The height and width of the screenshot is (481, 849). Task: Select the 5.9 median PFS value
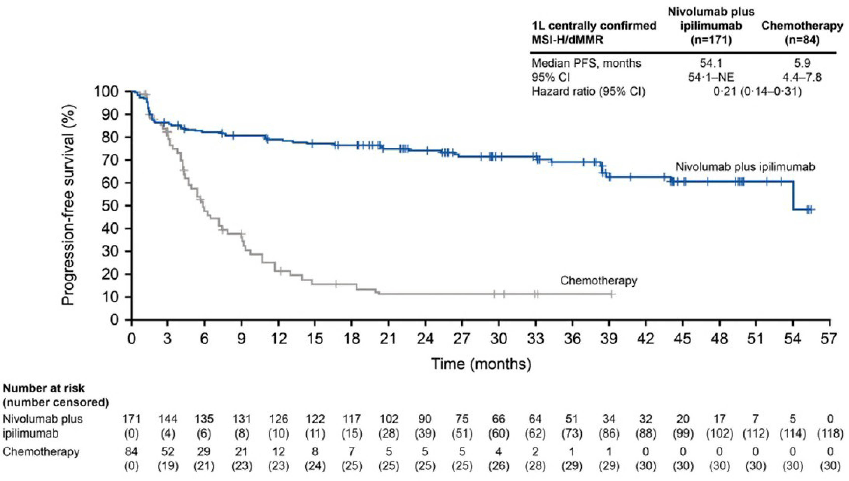[x=802, y=63]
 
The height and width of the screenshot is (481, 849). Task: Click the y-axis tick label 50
[x=112, y=205]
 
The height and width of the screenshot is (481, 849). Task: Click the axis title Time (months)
[x=481, y=363]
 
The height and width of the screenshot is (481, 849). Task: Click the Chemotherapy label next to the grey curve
[x=598, y=281]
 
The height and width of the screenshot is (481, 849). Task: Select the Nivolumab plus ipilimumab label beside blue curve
[x=745, y=167]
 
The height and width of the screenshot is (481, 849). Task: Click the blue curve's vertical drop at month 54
[x=793, y=196]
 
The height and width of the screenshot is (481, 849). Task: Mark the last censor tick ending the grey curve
[x=611, y=294]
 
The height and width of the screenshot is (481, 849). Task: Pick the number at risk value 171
[x=131, y=419]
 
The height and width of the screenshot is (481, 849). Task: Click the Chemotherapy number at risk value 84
[x=131, y=451]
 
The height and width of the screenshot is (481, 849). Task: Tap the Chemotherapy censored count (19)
[x=168, y=466]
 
